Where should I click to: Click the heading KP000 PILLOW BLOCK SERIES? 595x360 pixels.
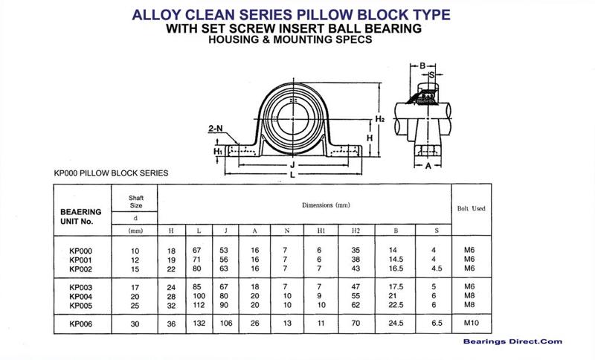click(111, 173)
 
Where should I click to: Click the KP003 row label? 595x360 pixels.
click(79, 287)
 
